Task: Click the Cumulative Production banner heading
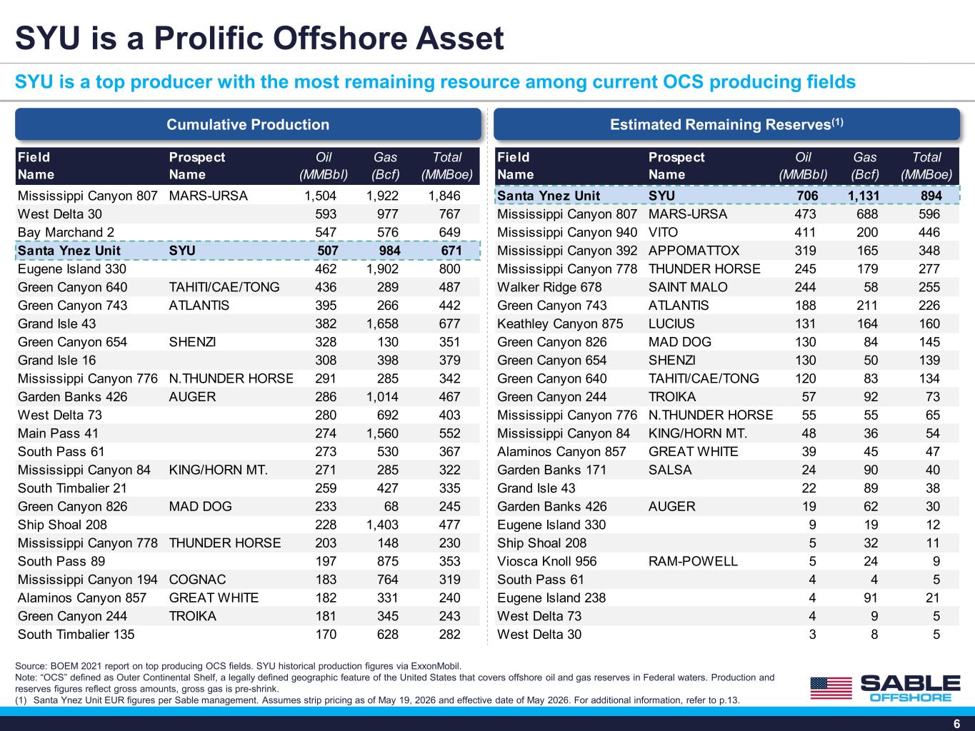[248, 124]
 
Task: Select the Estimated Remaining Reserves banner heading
[726, 124]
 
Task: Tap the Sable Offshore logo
[885, 688]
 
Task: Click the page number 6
[956, 723]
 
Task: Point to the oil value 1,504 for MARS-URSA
[320, 196]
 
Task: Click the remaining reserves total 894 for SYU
[931, 196]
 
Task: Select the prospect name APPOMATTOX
[694, 251]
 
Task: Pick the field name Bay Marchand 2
[66, 232]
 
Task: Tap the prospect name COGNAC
[197, 579]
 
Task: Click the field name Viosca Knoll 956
[547, 561]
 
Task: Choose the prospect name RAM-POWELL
[693, 561]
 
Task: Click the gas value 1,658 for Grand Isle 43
[382, 323]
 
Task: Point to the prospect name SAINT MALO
[688, 287]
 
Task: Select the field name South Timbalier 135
[76, 634]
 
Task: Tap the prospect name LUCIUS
[671, 323]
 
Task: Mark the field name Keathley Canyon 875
[560, 323]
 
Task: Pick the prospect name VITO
[663, 232]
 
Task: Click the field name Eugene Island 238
[551, 598]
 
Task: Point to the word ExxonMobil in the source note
[436, 666]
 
